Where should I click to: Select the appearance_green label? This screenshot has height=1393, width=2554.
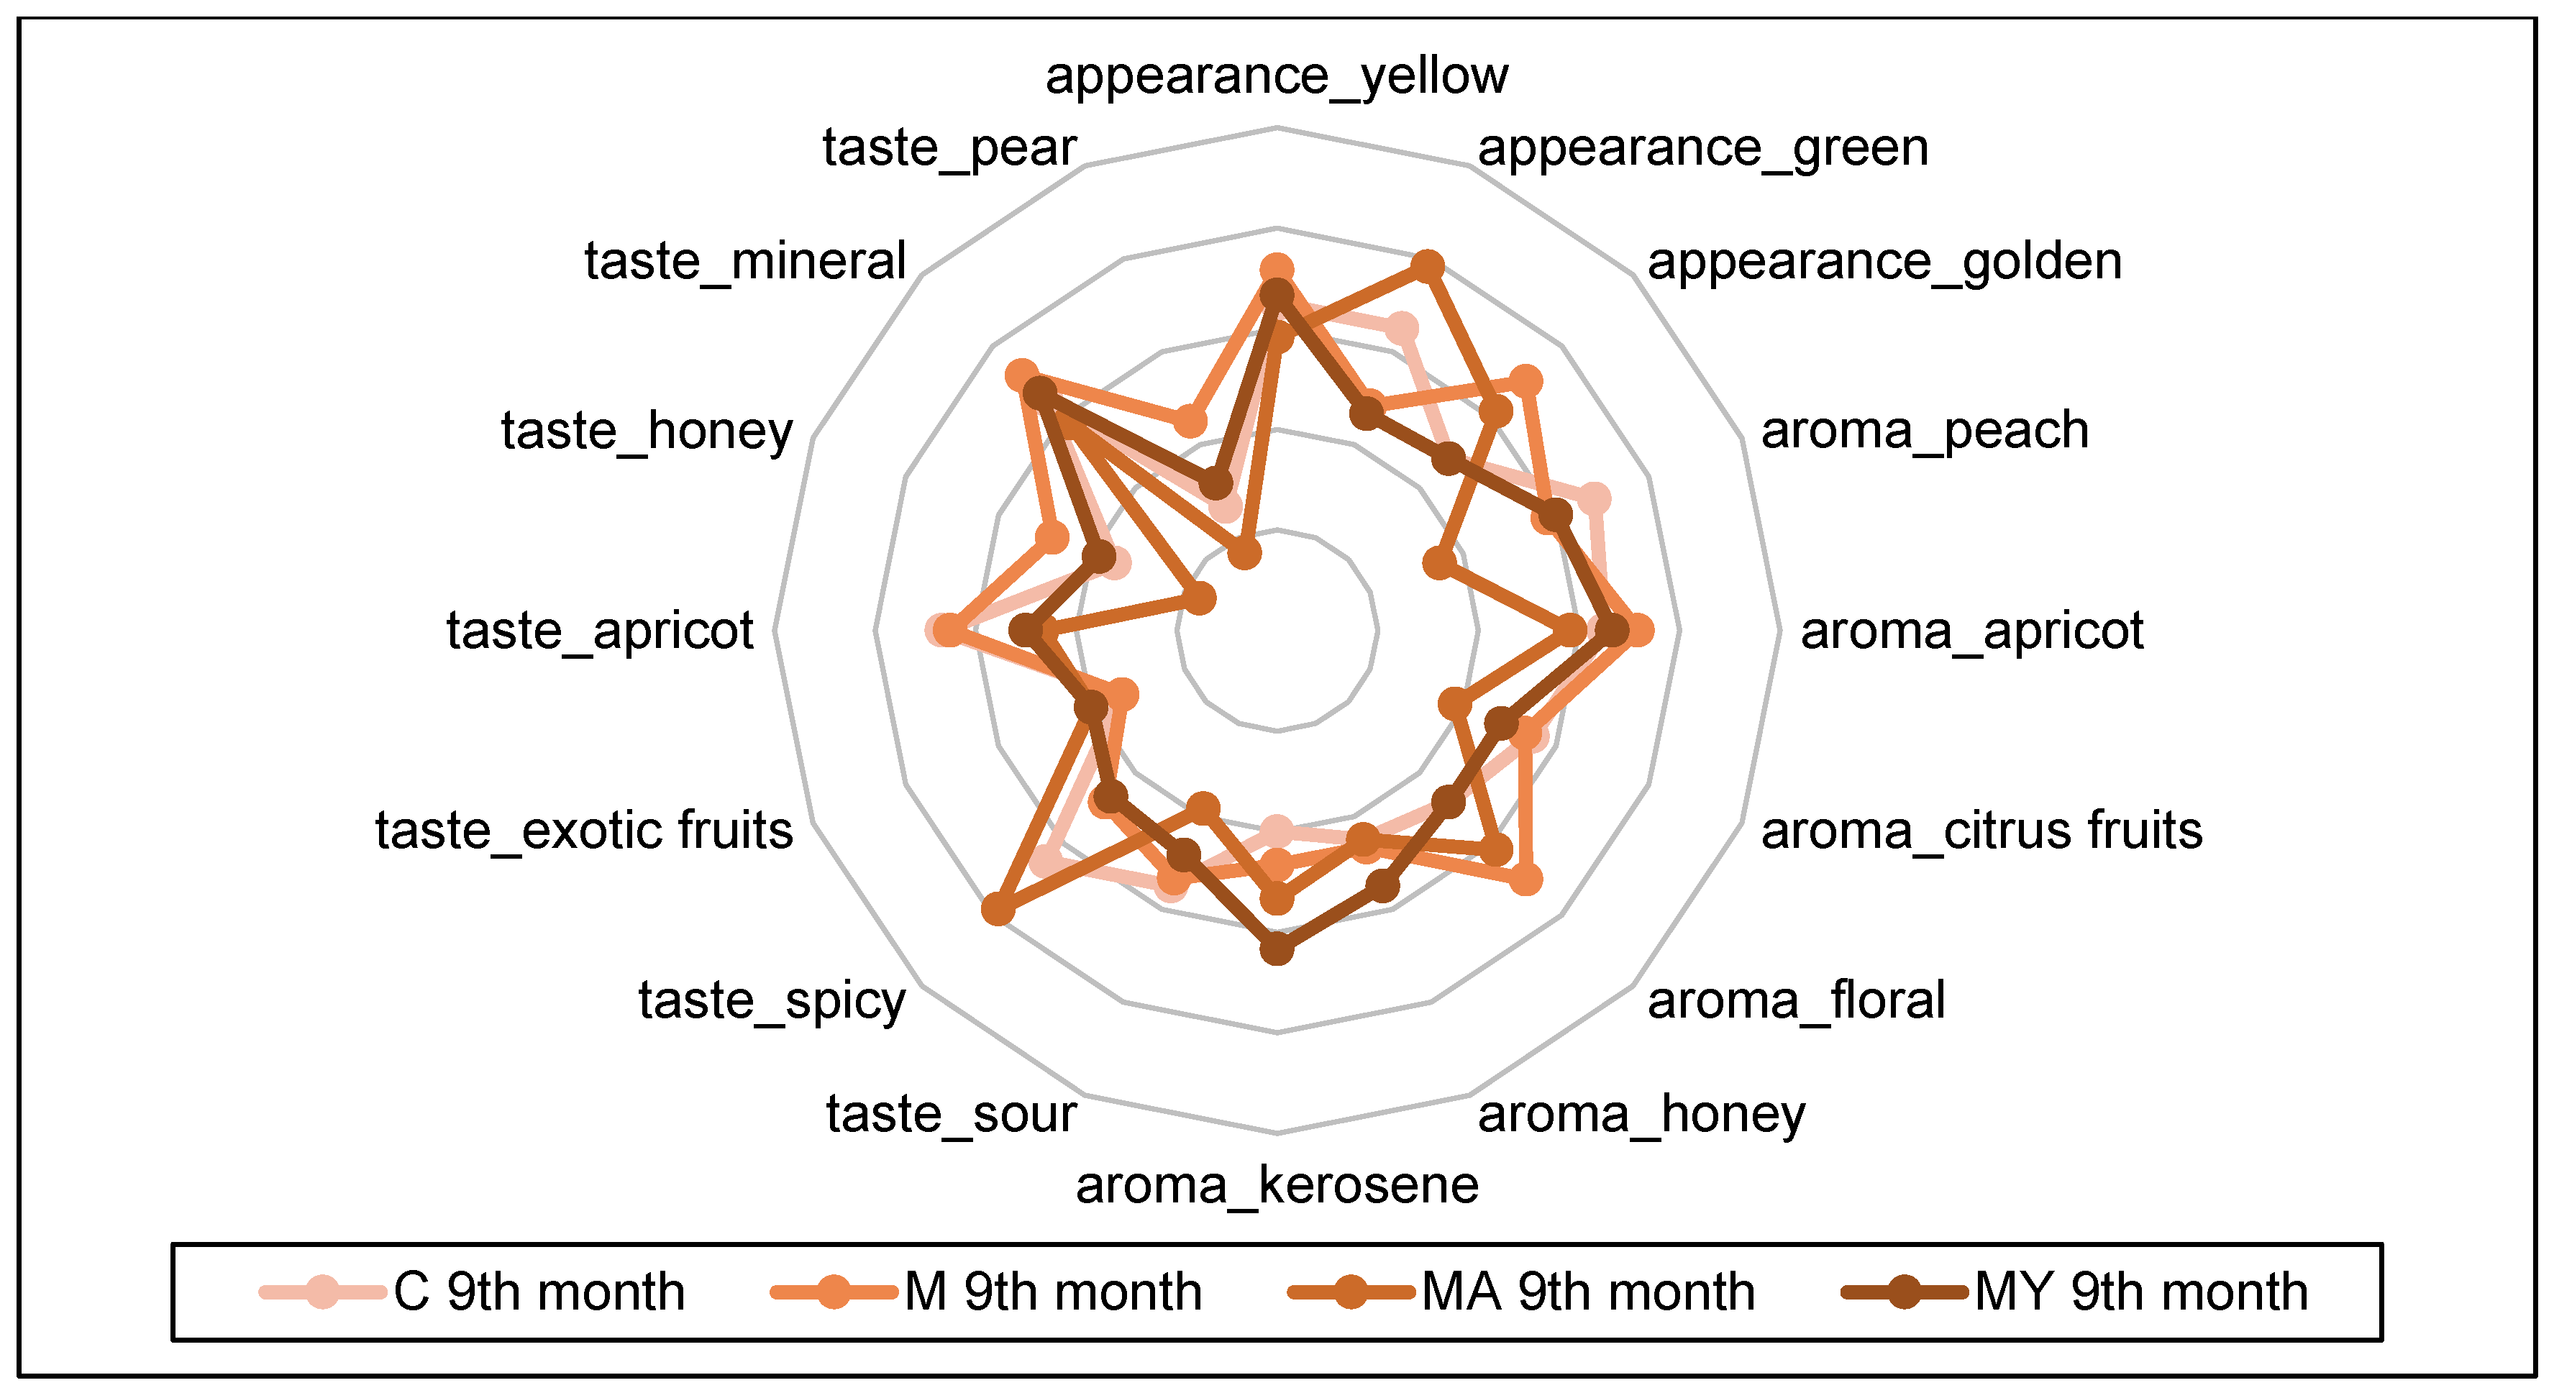click(1702, 149)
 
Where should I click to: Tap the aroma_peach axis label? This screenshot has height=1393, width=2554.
click(1923, 430)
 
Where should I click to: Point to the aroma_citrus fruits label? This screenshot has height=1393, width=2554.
click(1981, 830)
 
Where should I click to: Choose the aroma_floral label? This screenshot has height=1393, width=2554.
click(1795, 1000)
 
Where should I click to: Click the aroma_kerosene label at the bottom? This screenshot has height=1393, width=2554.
click(1277, 1184)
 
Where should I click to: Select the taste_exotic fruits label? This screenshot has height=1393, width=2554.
click(584, 830)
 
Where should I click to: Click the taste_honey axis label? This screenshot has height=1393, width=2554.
click(647, 430)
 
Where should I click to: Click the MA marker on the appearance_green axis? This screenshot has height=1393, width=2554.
click(1427, 265)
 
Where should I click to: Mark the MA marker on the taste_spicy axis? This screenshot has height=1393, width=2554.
click(998, 908)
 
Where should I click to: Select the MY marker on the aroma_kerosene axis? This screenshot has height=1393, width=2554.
click(1277, 948)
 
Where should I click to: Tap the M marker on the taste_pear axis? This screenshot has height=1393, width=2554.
click(1190, 422)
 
